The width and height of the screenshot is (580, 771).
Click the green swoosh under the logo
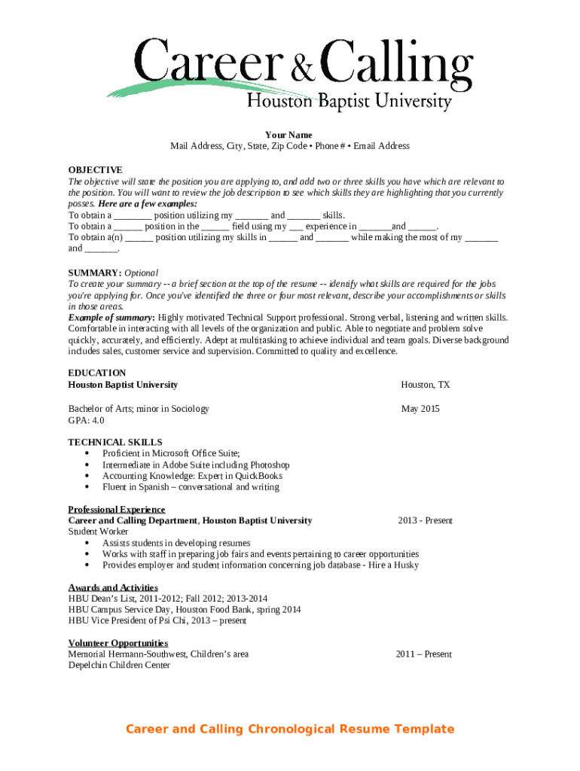point(173,86)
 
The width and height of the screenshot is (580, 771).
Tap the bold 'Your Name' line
point(288,135)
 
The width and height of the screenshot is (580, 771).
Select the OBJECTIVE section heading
point(95,170)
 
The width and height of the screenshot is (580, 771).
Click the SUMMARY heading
point(94,273)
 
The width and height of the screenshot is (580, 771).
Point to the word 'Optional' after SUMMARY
point(142,273)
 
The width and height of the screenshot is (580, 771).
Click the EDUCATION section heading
point(97,373)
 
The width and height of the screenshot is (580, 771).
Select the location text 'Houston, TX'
point(425,385)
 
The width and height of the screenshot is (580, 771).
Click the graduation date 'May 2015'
point(420,409)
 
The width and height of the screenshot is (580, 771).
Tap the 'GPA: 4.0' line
point(87,420)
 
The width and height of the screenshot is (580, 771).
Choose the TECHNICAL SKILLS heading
point(115,442)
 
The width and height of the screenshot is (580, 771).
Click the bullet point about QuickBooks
point(192,476)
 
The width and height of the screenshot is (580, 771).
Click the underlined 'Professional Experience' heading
point(117,510)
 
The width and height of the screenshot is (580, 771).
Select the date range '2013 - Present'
point(426,520)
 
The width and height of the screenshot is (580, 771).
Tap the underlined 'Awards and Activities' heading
point(113,587)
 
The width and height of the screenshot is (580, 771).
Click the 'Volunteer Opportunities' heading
point(118,643)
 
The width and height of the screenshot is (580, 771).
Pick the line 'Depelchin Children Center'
point(119,665)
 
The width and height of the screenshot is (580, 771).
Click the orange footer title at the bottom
point(290,729)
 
